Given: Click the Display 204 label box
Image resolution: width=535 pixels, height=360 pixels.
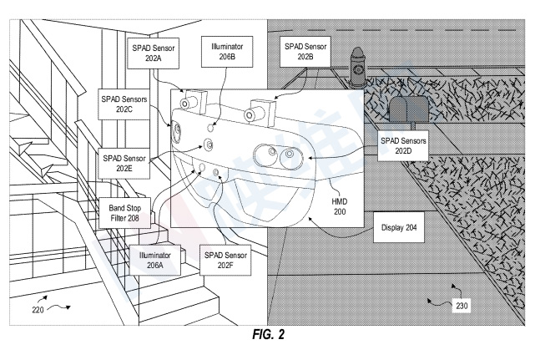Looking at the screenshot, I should [399, 227].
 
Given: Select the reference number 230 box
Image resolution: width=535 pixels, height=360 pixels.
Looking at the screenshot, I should [462, 305].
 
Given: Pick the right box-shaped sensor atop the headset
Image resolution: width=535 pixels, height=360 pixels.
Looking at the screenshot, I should [260, 109].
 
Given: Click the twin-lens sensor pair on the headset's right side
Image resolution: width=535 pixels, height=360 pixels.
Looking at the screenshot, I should [279, 155].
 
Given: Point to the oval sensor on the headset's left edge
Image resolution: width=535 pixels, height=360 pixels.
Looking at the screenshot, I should [176, 132].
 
